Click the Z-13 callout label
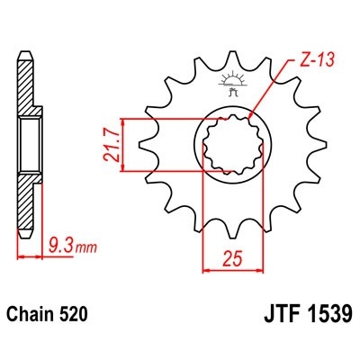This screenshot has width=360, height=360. pos(312,60)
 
